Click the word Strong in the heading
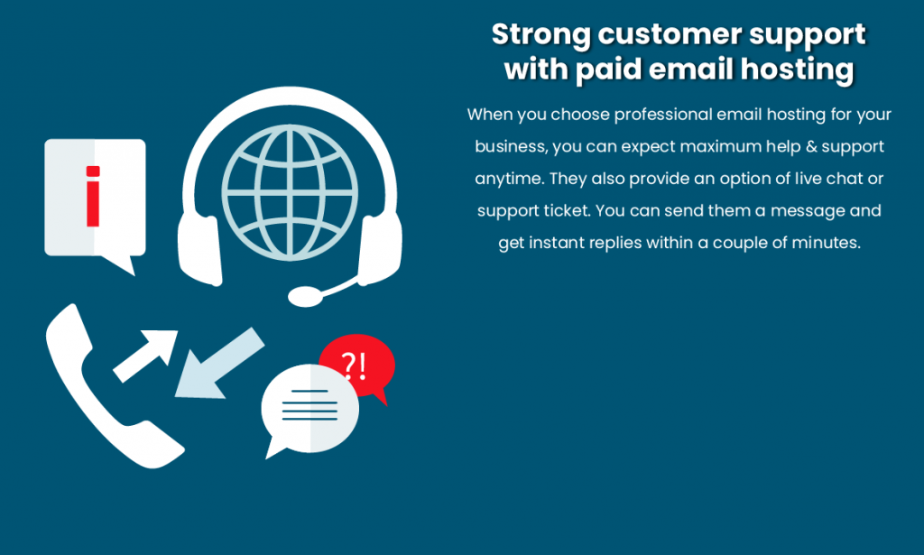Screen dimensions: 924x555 541,35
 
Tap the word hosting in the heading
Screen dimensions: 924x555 798,70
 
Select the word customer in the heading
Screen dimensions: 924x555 670,35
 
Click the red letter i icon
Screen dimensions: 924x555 93,196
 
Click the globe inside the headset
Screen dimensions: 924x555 290,192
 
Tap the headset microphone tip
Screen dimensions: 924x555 305,296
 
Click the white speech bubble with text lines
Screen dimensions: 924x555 309,411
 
